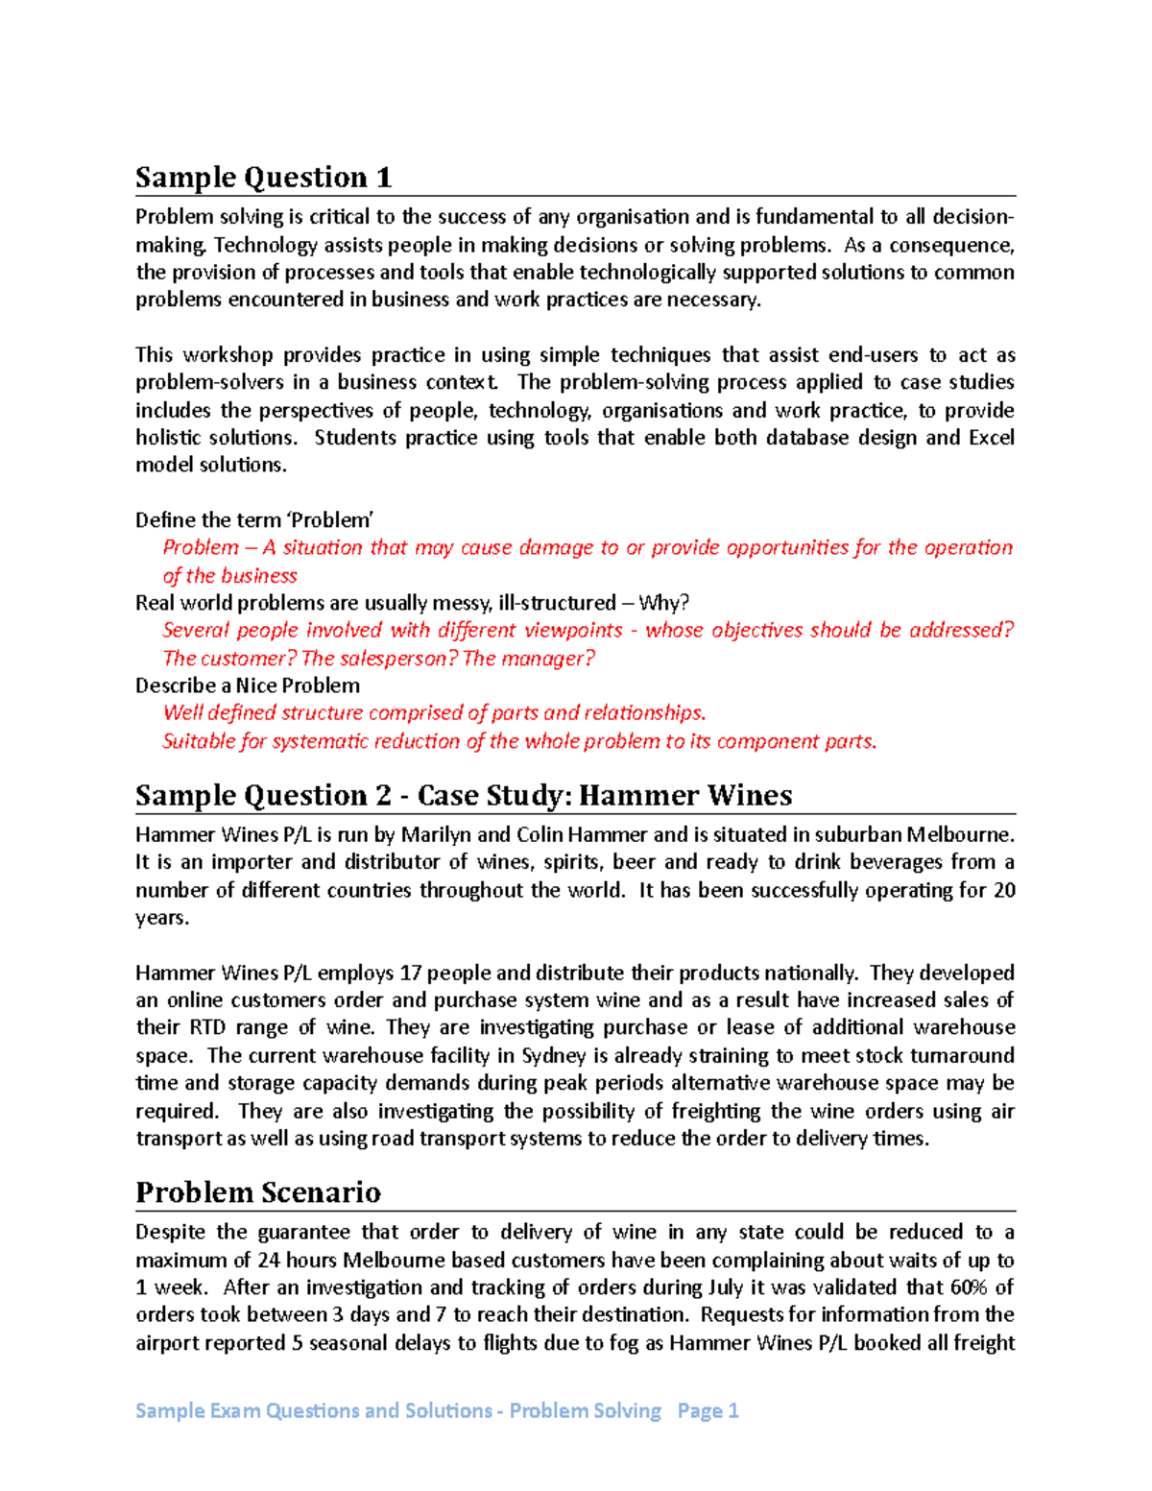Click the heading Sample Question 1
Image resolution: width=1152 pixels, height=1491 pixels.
pos(263,178)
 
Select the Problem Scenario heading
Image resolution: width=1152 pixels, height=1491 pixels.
pos(257,1192)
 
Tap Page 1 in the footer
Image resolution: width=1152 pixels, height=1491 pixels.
pos(708,1410)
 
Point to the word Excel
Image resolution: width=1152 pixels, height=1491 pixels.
pos(991,438)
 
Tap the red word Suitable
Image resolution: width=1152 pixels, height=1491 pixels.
pos(200,741)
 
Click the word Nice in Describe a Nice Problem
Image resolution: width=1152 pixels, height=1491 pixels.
pos(255,685)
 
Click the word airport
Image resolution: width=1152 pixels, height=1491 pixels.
pos(169,1343)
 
